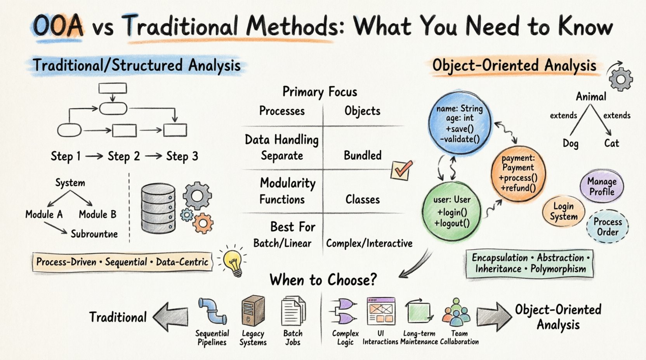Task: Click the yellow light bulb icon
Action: click(x=233, y=261)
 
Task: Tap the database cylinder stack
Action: click(x=158, y=208)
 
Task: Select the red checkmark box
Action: click(x=401, y=170)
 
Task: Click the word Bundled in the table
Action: click(x=363, y=156)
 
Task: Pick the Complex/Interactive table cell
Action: click(x=369, y=244)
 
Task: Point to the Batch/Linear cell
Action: click(x=282, y=244)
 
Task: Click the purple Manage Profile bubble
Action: click(x=602, y=187)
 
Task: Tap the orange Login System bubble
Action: click(x=563, y=211)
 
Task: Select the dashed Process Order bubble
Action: click(x=608, y=227)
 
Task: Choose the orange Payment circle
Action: click(x=518, y=173)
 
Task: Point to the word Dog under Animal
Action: click(x=570, y=144)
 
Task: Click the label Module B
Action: click(x=97, y=215)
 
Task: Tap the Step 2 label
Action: click(x=123, y=156)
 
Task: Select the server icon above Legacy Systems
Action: click(x=253, y=311)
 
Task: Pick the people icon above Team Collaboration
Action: click(x=456, y=312)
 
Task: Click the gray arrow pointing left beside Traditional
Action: click(x=170, y=317)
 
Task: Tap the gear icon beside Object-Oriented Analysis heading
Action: click(x=620, y=79)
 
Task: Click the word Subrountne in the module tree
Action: click(x=94, y=234)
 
